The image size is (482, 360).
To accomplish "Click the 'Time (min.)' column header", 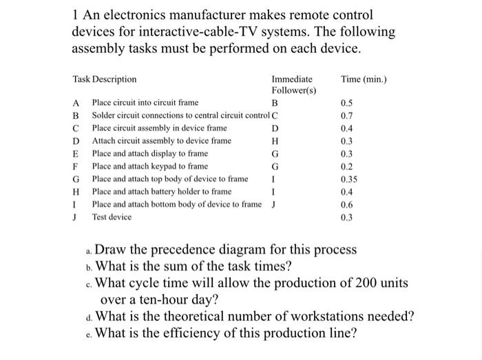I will tap(364, 79).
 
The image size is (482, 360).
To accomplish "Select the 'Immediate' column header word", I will tap(291, 79).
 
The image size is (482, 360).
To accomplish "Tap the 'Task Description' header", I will tap(105, 79).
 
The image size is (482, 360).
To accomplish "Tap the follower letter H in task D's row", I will tap(275, 141).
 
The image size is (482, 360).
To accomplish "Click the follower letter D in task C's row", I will tap(275, 129).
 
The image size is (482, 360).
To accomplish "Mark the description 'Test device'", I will tap(112, 216).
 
